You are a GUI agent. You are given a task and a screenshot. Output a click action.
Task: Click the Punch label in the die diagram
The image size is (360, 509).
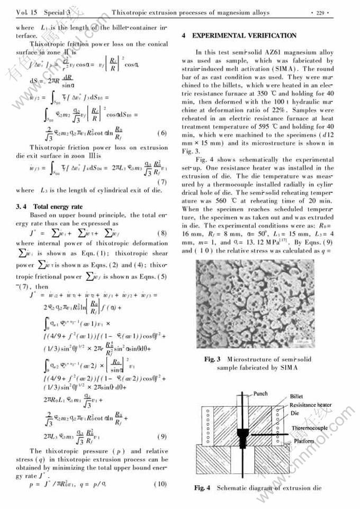coord(260,394)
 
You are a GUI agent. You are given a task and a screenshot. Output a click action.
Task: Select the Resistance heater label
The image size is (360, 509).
coord(311,405)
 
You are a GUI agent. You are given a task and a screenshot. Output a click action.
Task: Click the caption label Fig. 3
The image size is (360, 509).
coord(212,360)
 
